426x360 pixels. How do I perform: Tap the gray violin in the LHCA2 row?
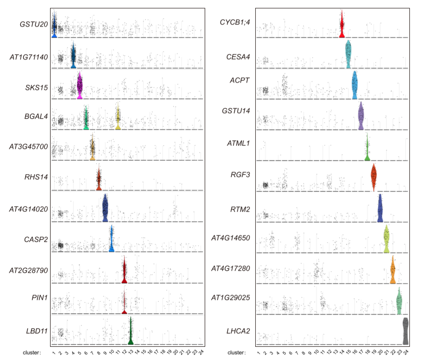(x=405, y=331)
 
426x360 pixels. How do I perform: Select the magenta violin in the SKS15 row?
(x=80, y=85)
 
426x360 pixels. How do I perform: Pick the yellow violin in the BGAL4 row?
(x=118, y=118)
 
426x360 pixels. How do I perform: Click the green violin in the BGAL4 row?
(x=86, y=118)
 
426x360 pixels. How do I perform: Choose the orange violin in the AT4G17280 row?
(x=393, y=270)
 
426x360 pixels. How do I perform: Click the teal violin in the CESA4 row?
(x=348, y=55)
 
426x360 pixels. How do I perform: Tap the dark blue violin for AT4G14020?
(x=105, y=208)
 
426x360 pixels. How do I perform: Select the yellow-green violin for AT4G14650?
(x=386, y=239)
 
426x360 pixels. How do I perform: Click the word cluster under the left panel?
(x=31, y=353)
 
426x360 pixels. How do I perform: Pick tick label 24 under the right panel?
(x=405, y=353)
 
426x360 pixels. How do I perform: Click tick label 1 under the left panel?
(x=53, y=353)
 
